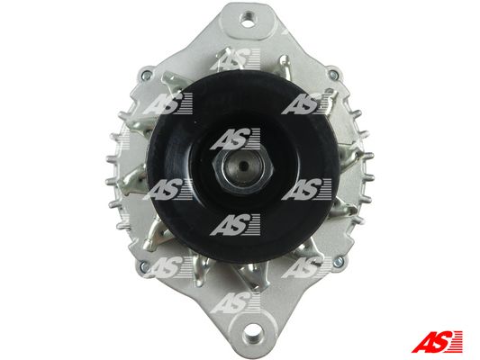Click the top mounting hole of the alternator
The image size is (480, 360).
pyautogui.click(x=248, y=19)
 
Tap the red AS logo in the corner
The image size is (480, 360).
pyautogui.click(x=437, y=341)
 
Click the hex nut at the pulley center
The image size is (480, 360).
pyautogui.click(x=243, y=166)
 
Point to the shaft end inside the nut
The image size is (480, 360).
pyautogui.click(x=243, y=166)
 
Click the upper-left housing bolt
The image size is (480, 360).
pyautogui.click(x=147, y=75)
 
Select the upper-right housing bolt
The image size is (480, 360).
pyautogui.click(x=333, y=75)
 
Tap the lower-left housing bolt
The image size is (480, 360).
pyautogui.click(x=144, y=265)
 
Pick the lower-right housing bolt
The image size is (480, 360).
pyautogui.click(x=339, y=261)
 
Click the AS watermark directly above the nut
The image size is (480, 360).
pyautogui.click(x=235, y=139)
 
